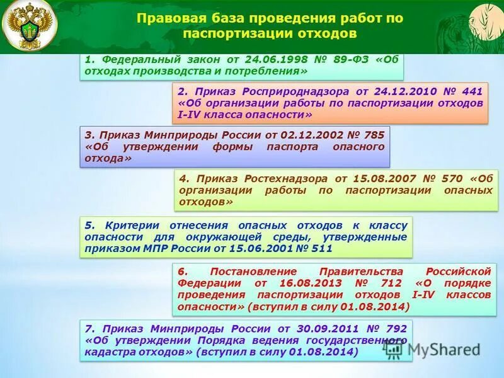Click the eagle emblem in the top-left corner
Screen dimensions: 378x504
pyautogui.click(x=28, y=26)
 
